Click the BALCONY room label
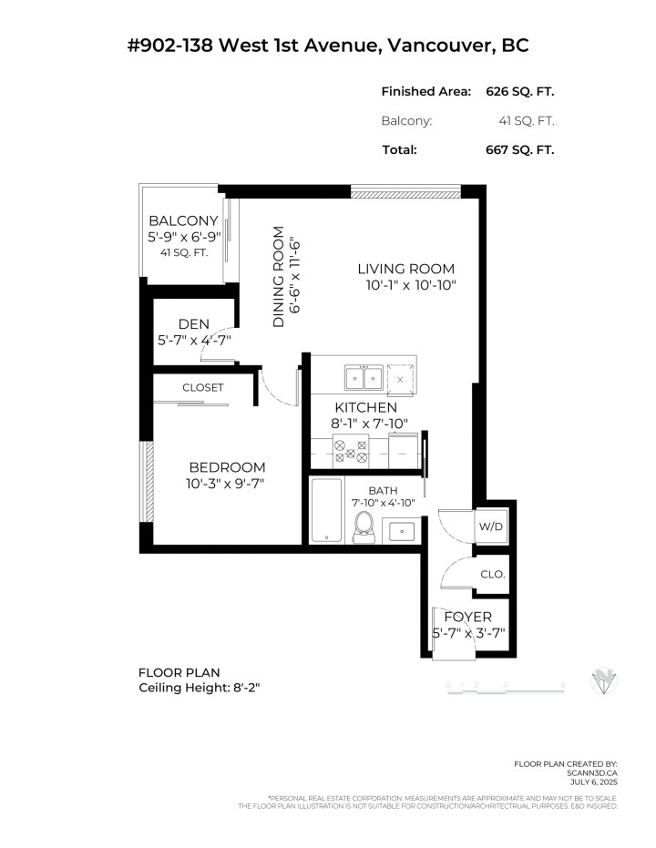click(x=183, y=220)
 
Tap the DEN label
click(x=193, y=323)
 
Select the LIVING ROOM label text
click(x=405, y=269)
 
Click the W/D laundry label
click(x=490, y=526)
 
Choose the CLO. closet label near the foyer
click(x=492, y=575)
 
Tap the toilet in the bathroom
click(x=364, y=526)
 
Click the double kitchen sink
click(x=364, y=377)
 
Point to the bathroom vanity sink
click(x=401, y=529)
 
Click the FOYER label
click(x=467, y=617)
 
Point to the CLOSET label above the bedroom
click(x=202, y=387)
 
